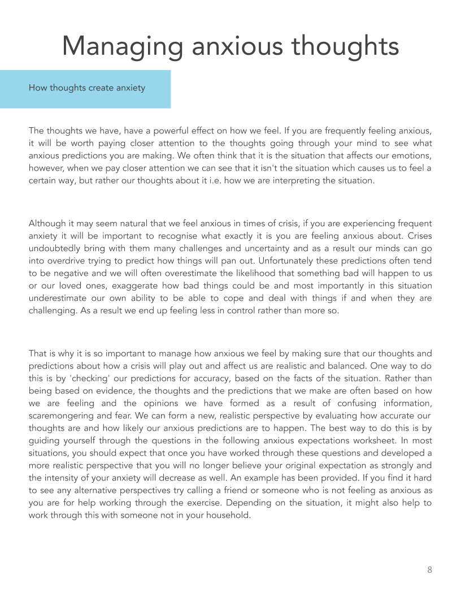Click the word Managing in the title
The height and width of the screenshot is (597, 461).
(x=121, y=46)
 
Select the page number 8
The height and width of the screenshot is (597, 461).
(x=429, y=569)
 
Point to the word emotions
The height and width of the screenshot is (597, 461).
(x=414, y=155)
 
